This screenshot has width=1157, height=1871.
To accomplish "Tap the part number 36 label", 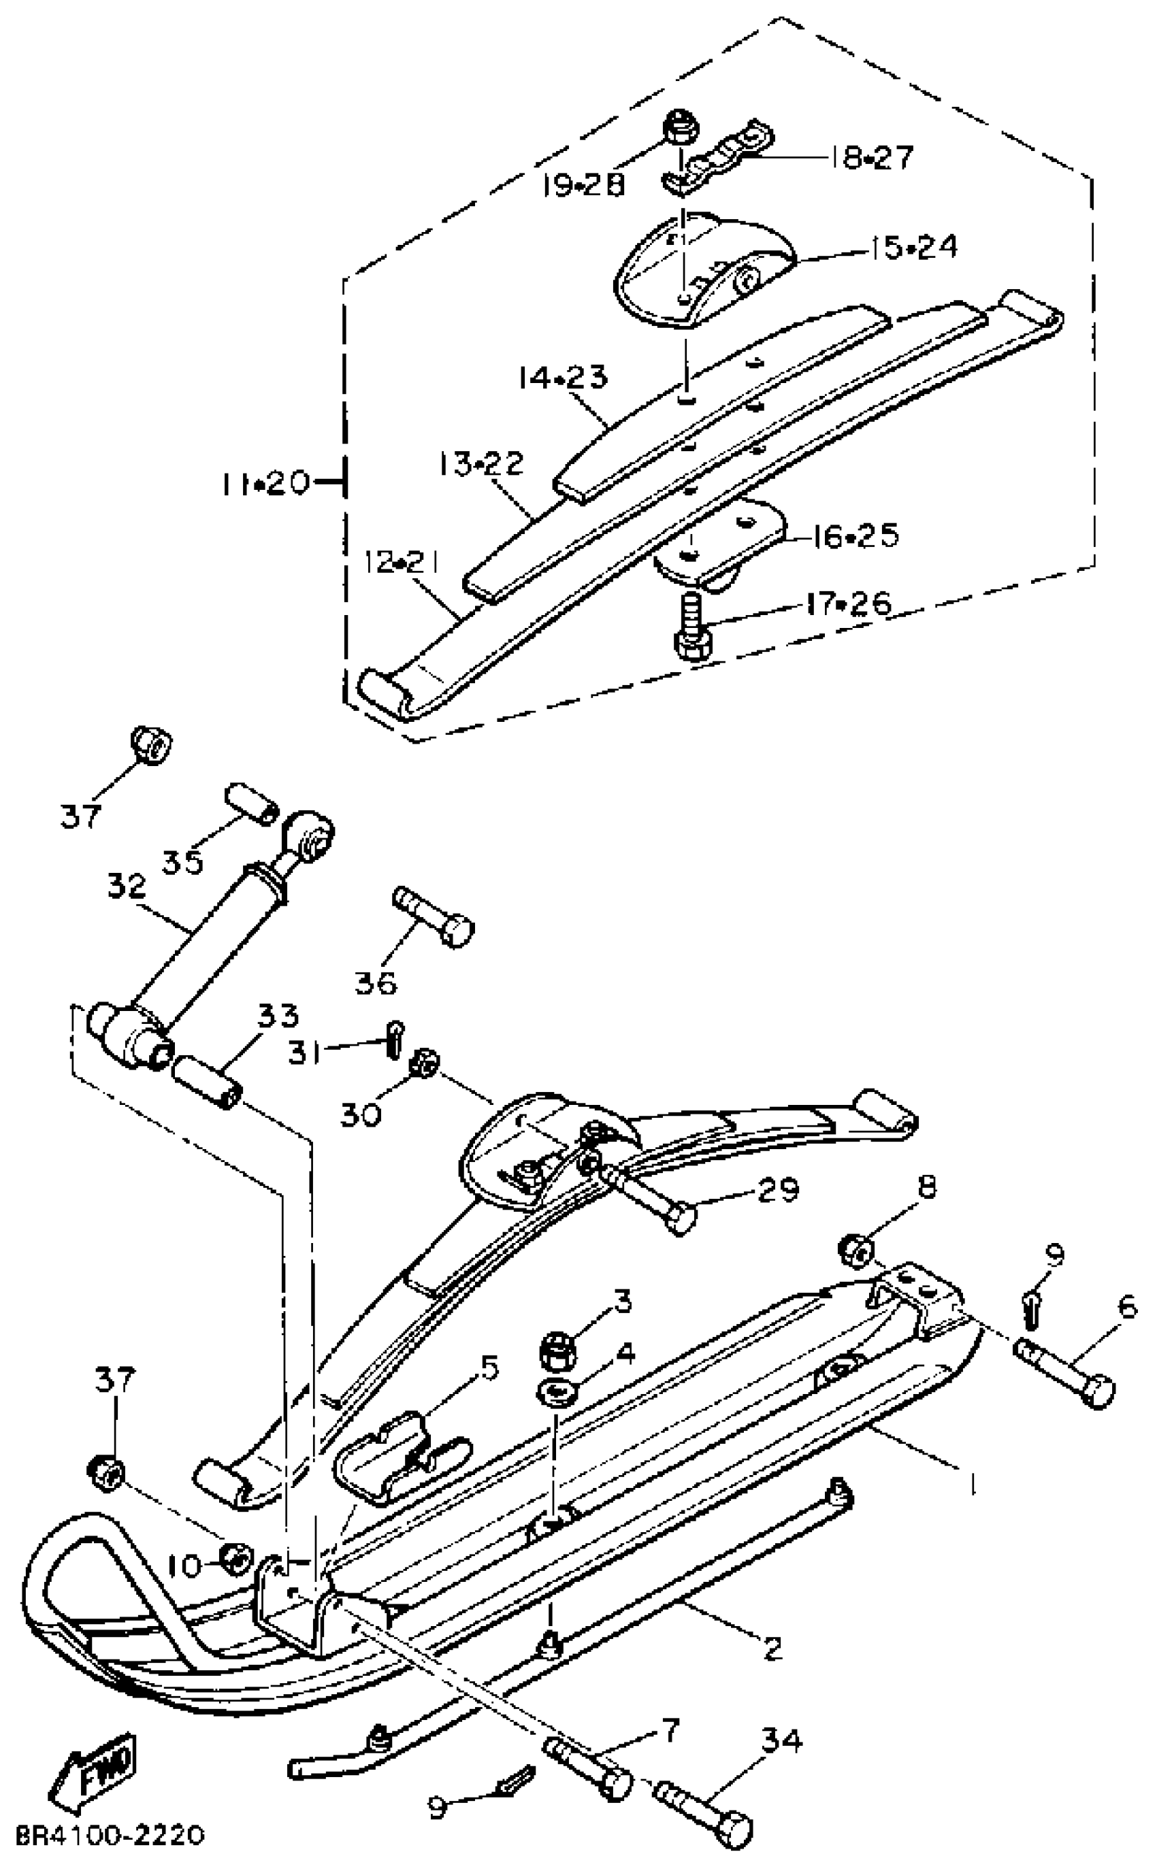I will [376, 982].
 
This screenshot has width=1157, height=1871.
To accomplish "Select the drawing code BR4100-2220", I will [110, 1834].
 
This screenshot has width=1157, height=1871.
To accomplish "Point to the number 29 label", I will [777, 1189].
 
